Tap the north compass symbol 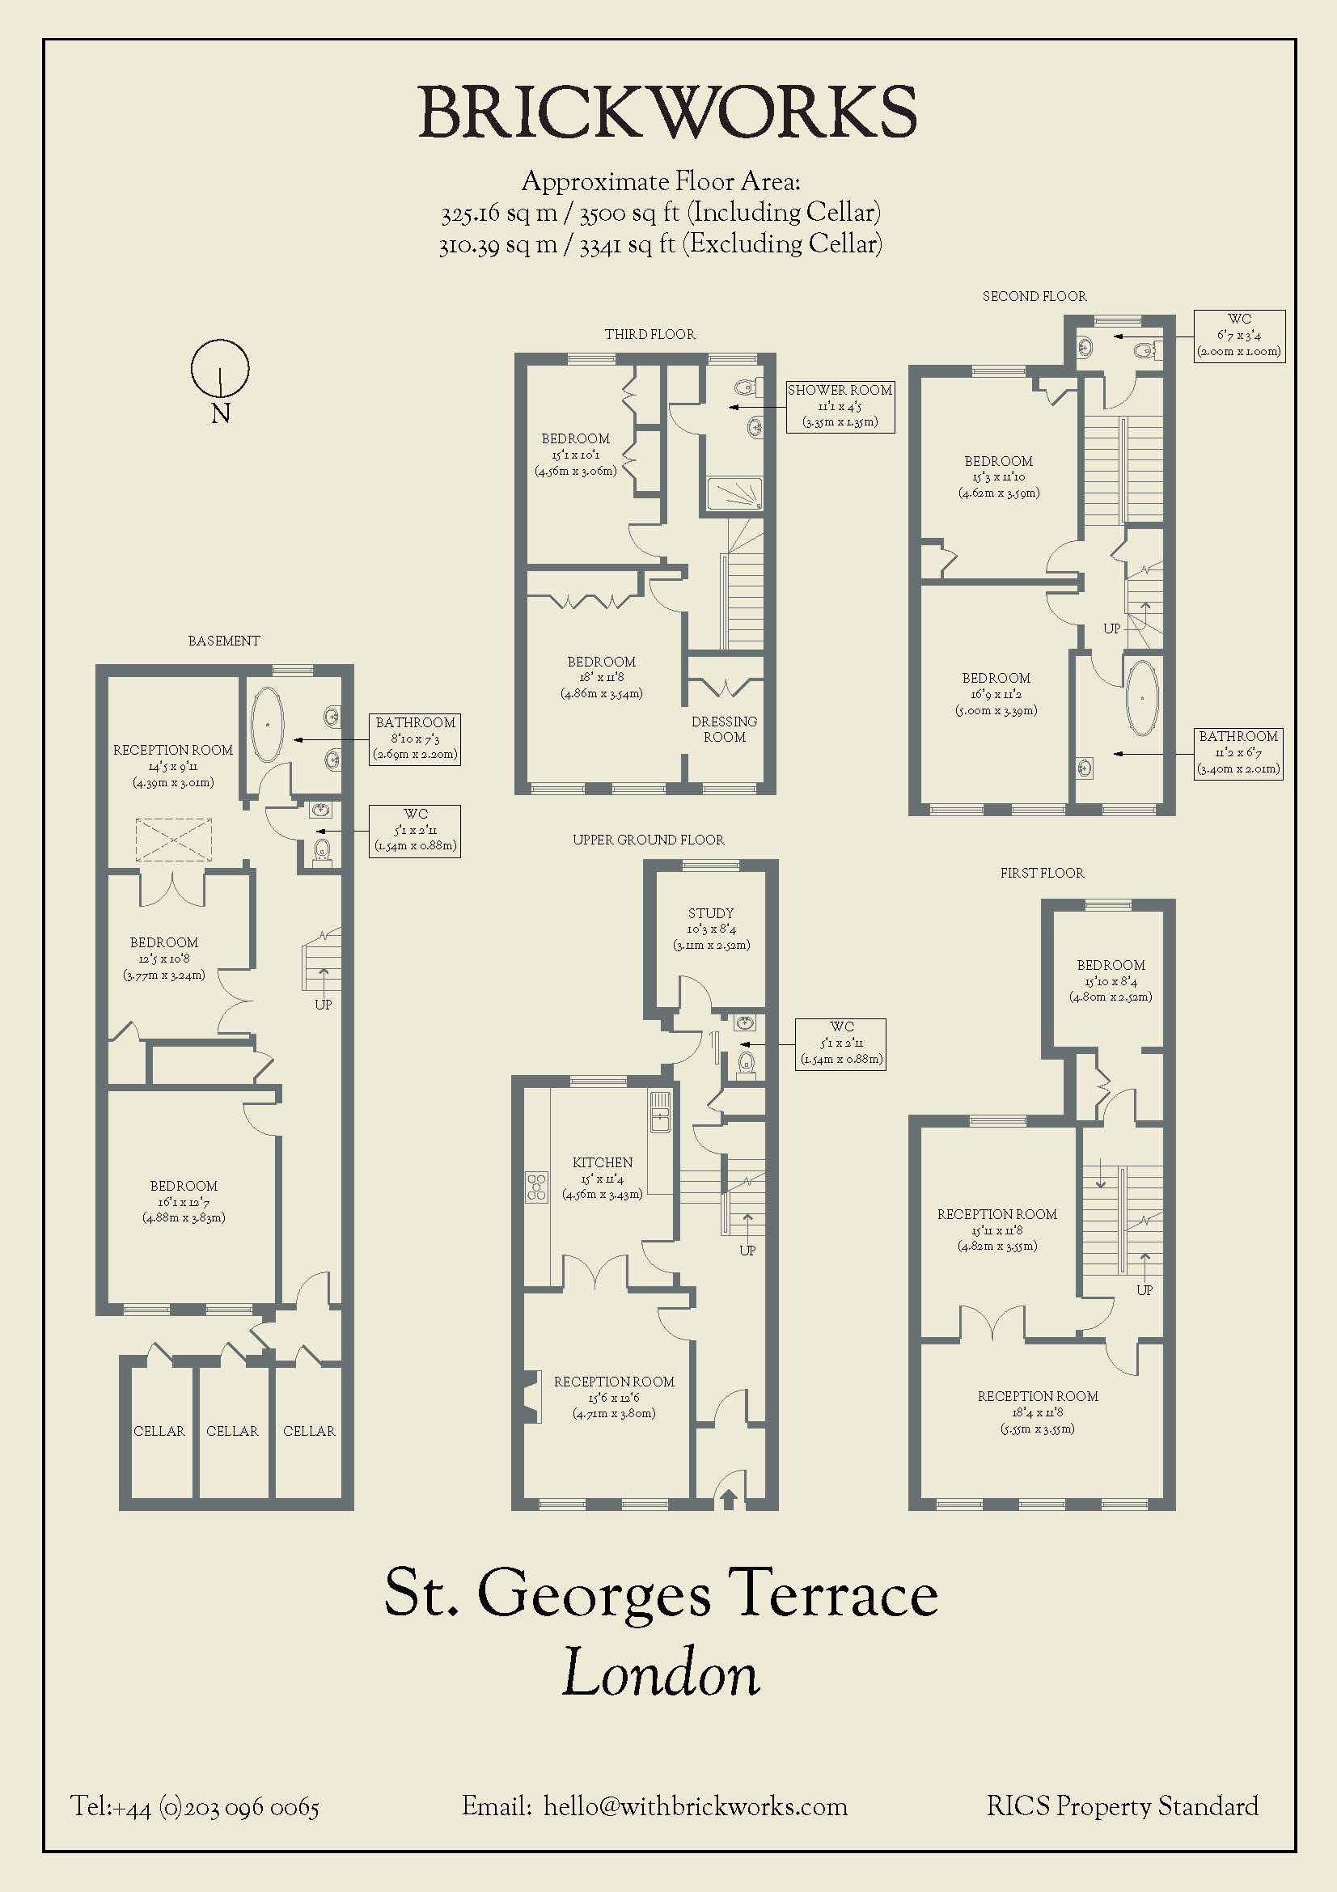(x=220, y=368)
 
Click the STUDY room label (x=711, y=913)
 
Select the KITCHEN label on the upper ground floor (x=603, y=1162)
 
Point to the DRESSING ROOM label (x=724, y=730)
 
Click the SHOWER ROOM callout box (x=840, y=406)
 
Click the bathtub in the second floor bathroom (x=1143, y=697)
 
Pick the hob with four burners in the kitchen (x=537, y=1187)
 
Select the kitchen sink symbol (x=660, y=1113)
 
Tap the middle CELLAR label (x=232, y=1431)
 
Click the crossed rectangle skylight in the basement (x=174, y=840)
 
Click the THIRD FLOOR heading (x=650, y=334)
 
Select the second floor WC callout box (x=1239, y=335)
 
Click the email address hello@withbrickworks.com (x=696, y=1806)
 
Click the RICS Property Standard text (x=1123, y=1806)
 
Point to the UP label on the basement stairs (x=323, y=1005)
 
